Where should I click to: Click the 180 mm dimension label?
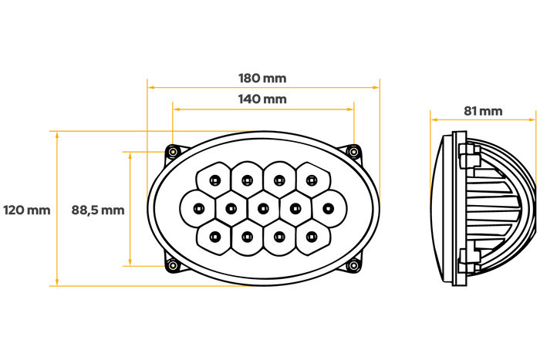pos(262,78)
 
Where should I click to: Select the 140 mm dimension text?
pos(262,99)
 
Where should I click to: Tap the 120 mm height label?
pos(27,210)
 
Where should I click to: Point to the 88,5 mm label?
pos(98,210)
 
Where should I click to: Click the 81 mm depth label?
pos(483,111)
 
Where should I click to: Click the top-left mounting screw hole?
pos(173,151)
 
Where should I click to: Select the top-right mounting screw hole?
pos(353,151)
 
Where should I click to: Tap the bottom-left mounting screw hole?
pos(173,265)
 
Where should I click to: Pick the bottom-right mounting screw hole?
pos(353,265)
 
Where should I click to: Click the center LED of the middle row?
pos(263,208)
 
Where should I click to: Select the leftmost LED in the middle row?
pos(199,208)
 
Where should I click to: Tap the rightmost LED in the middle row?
pos(328,208)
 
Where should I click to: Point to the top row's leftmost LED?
pos(215,180)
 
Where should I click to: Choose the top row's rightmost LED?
pos(312,180)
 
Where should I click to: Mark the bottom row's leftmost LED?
pos(215,237)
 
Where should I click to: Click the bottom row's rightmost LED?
pos(312,237)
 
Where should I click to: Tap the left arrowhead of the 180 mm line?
pos(151,87)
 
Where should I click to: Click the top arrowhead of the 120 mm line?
pos(57,135)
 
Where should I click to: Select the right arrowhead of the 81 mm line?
pos(532,119)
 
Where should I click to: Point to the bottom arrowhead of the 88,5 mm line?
pos(130,262)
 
